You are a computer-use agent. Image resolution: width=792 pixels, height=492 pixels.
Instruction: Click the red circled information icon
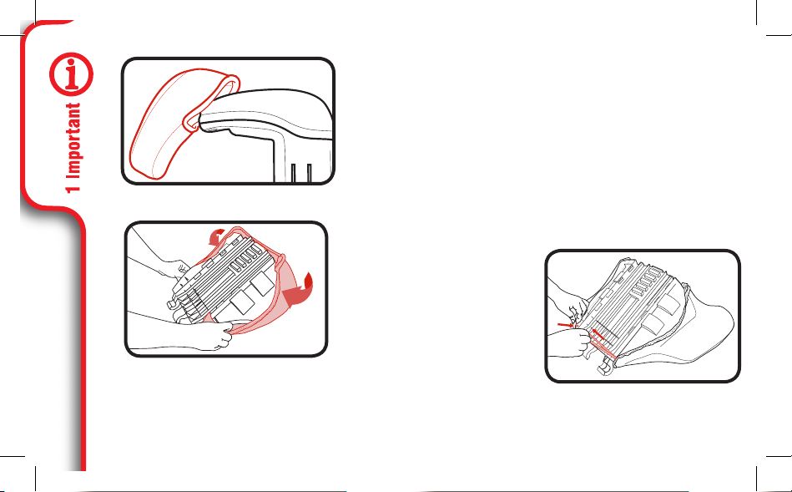tap(71, 74)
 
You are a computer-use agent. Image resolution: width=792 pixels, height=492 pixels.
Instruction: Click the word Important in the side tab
tap(73, 140)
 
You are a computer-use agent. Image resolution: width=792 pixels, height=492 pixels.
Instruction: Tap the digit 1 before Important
tap(73, 187)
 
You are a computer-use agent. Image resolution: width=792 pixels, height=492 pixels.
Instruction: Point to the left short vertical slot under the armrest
tap(293, 172)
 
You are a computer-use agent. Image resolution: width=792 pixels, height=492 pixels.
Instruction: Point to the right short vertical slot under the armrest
tap(309, 172)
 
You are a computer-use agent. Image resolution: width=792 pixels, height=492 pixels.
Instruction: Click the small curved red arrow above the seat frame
tap(217, 235)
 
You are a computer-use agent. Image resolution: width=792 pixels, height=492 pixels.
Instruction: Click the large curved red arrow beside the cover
tap(300, 291)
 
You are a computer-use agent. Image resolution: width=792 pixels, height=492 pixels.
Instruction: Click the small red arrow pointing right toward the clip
tap(565, 325)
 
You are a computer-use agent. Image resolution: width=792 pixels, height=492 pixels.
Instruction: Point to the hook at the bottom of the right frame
tap(604, 366)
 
